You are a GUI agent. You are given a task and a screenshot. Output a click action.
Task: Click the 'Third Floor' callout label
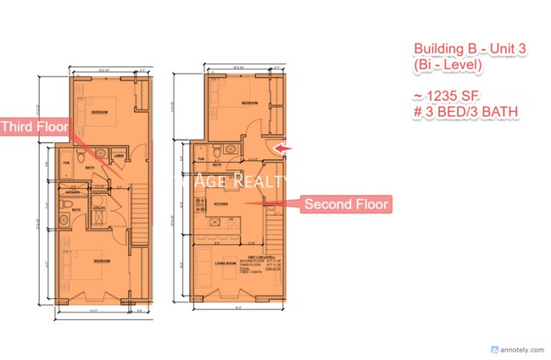[x=34, y=127]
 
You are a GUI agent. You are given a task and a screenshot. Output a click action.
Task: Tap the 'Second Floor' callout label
[x=346, y=204]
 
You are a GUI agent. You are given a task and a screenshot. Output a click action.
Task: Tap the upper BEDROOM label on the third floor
[x=100, y=111]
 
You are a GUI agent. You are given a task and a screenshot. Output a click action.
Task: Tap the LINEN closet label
[x=119, y=157]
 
